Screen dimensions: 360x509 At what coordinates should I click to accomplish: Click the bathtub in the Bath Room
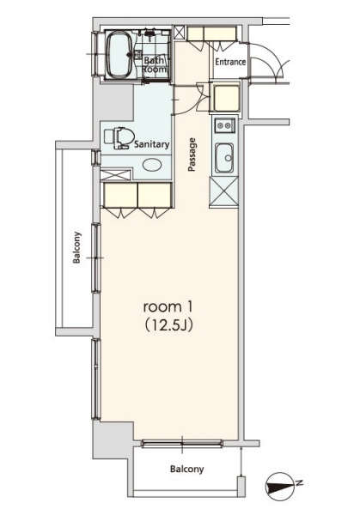119,55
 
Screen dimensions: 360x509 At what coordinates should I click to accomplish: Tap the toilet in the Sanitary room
119,137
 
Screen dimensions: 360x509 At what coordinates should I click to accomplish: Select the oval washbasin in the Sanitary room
152,165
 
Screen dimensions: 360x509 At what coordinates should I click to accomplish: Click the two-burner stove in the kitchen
224,125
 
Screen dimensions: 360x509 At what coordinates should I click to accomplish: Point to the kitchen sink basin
224,158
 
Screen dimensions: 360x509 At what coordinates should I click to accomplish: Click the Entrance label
230,62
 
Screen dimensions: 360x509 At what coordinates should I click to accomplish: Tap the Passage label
192,155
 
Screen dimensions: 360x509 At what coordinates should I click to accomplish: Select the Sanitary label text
152,144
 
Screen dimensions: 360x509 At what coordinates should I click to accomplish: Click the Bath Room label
155,64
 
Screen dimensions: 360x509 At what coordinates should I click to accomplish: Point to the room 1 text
167,306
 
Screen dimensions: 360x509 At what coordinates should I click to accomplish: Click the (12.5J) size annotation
169,324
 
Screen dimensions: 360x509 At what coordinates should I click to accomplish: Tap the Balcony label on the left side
76,247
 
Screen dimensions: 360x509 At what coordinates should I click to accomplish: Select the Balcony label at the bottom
186,469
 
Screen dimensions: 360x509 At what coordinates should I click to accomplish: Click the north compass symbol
280,486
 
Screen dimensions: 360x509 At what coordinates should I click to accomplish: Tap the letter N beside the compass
299,482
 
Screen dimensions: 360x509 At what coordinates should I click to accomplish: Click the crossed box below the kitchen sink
223,192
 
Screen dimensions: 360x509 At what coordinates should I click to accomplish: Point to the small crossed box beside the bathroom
180,33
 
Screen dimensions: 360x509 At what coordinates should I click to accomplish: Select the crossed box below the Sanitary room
115,174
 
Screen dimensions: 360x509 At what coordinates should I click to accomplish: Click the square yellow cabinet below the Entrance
227,98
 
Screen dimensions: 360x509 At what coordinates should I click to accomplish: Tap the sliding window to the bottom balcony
182,443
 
